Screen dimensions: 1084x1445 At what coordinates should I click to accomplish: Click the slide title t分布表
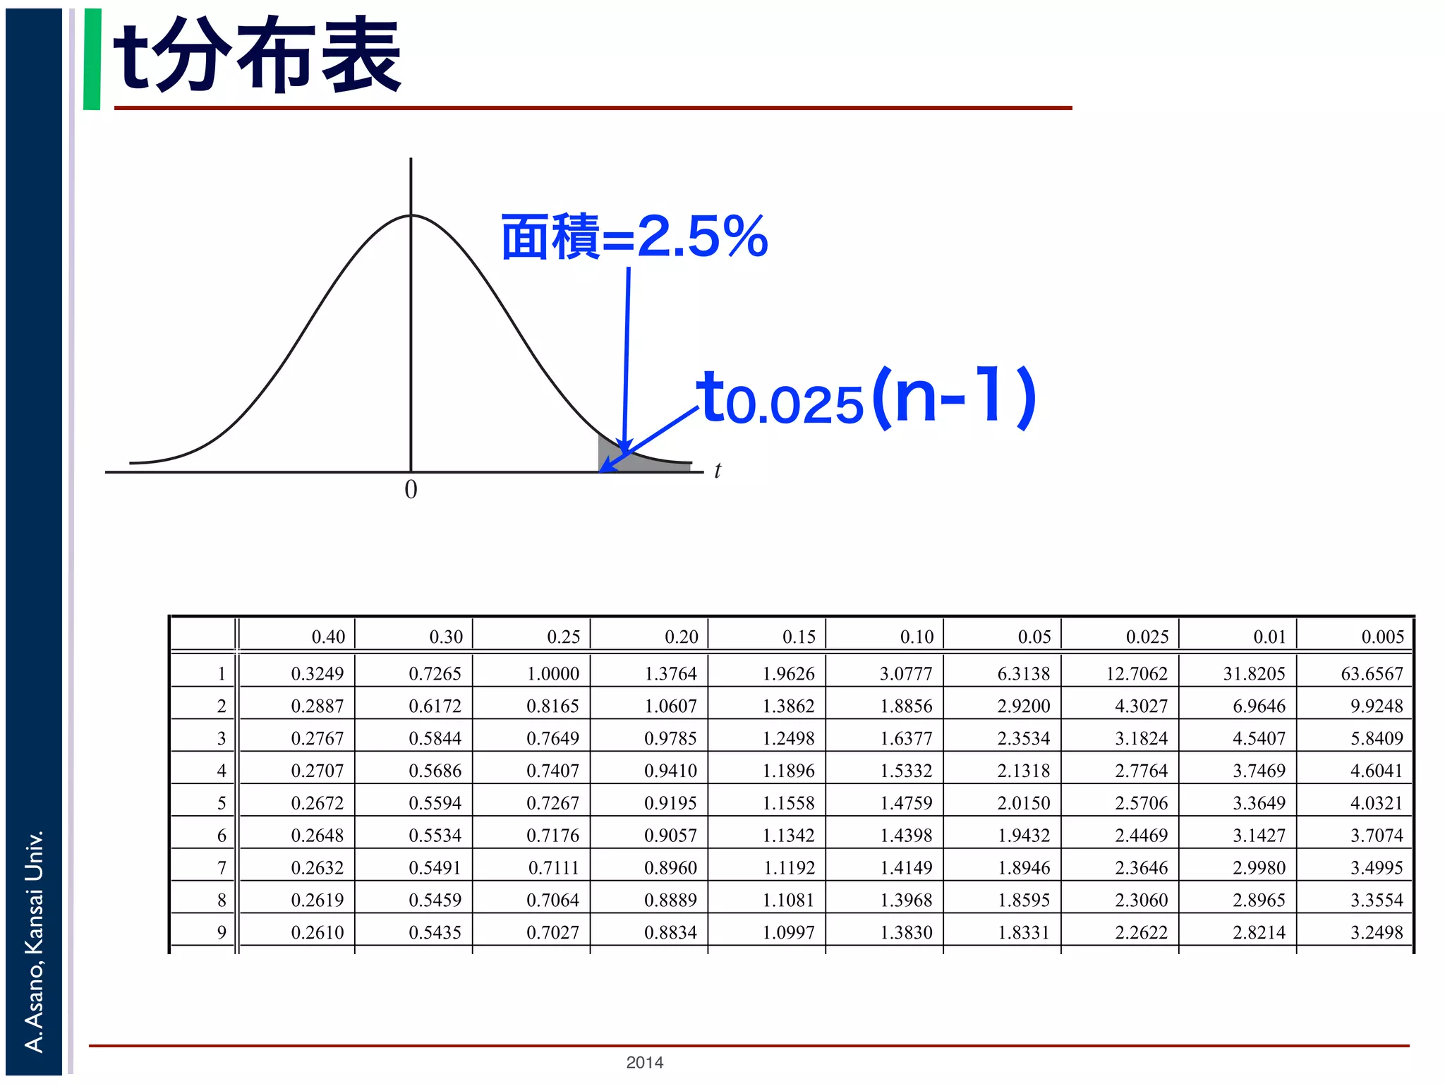click(258, 56)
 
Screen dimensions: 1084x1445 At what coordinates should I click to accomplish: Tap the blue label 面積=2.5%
click(634, 237)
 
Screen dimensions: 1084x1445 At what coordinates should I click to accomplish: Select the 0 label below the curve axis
click(411, 490)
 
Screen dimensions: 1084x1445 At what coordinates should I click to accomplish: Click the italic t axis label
click(718, 471)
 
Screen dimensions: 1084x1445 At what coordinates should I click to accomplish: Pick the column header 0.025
click(1147, 637)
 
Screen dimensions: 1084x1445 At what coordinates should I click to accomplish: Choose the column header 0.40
click(328, 637)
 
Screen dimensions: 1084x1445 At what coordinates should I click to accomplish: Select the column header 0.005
click(1382, 637)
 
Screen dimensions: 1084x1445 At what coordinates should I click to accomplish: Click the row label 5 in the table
click(222, 803)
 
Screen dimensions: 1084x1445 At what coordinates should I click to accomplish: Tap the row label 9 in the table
click(222, 932)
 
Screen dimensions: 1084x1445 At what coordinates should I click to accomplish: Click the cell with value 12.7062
click(1136, 674)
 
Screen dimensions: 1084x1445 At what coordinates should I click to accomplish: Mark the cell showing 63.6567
click(1372, 674)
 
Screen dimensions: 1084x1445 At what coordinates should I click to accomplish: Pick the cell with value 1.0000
click(553, 674)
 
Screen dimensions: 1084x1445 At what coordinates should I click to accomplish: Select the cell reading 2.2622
click(1141, 932)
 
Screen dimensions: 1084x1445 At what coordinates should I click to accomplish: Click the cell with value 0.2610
click(318, 932)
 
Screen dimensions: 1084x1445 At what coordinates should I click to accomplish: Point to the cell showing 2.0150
click(1023, 803)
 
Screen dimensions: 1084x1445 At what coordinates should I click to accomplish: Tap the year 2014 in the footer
click(644, 1062)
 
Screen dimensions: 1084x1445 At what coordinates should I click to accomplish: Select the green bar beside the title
click(92, 59)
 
